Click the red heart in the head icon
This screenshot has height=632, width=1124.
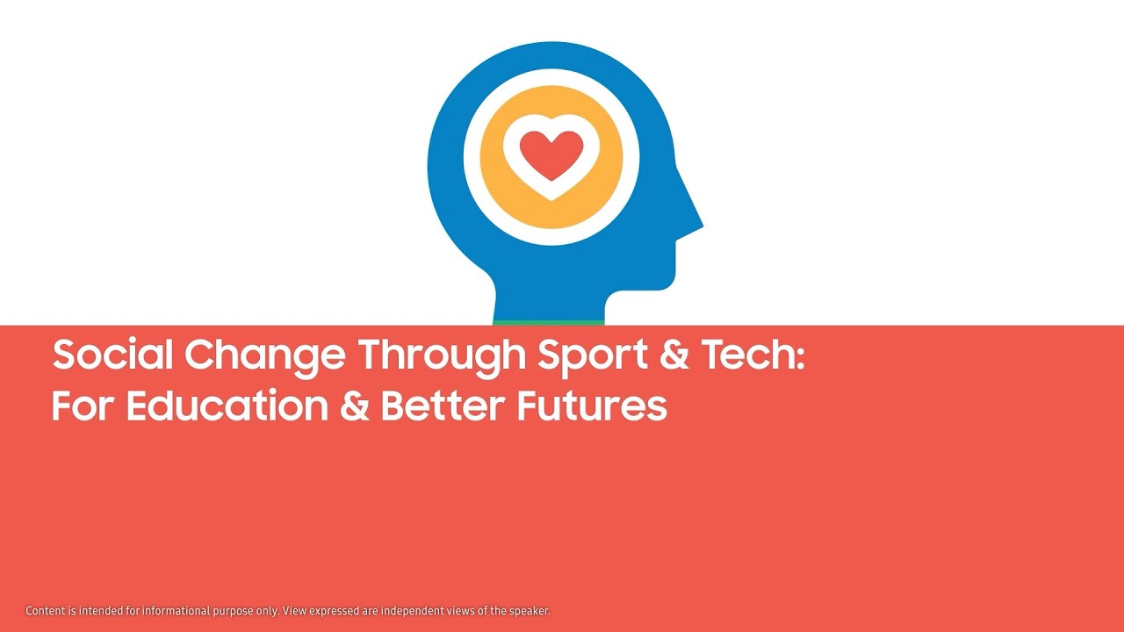(551, 154)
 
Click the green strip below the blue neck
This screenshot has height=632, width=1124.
(549, 322)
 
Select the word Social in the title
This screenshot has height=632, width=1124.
(112, 355)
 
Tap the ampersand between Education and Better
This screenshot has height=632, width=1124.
(354, 406)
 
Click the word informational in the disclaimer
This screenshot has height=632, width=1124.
(176, 611)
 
